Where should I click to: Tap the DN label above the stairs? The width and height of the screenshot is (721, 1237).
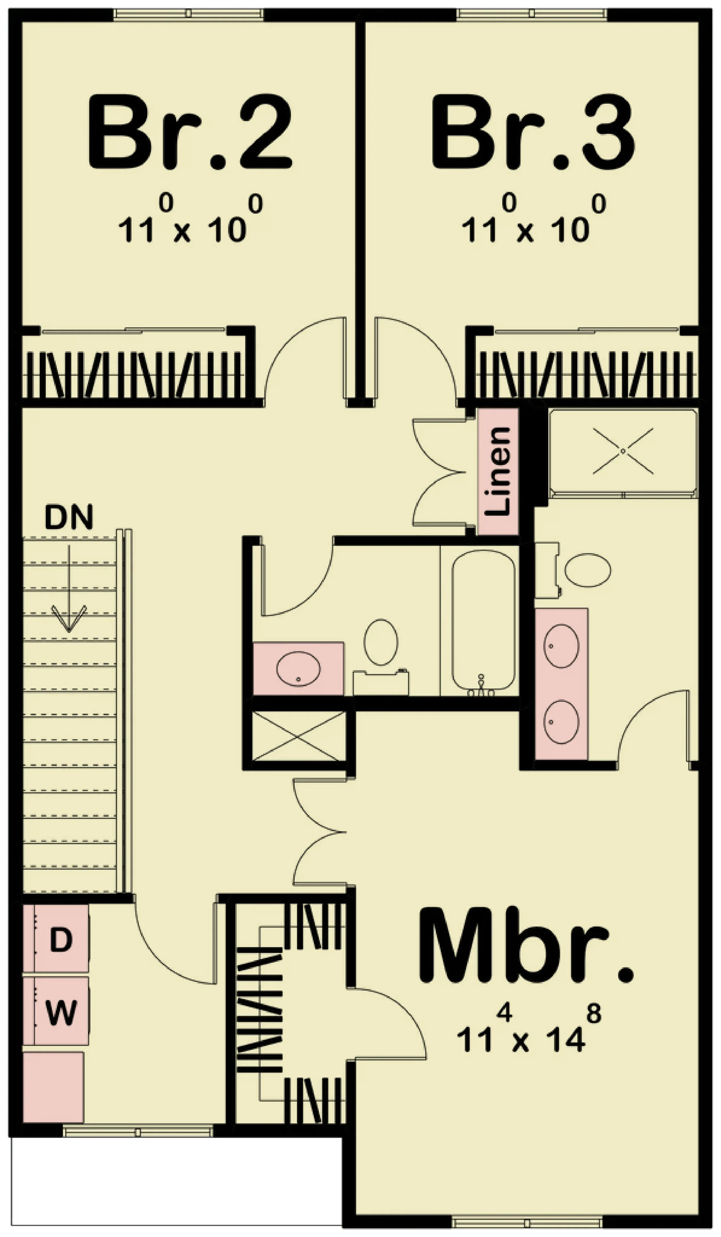point(69,517)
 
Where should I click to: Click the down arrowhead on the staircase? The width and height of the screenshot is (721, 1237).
point(69,619)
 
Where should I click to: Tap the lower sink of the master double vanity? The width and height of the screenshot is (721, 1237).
point(561,722)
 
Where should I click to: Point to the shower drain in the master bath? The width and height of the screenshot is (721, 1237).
point(623,451)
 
